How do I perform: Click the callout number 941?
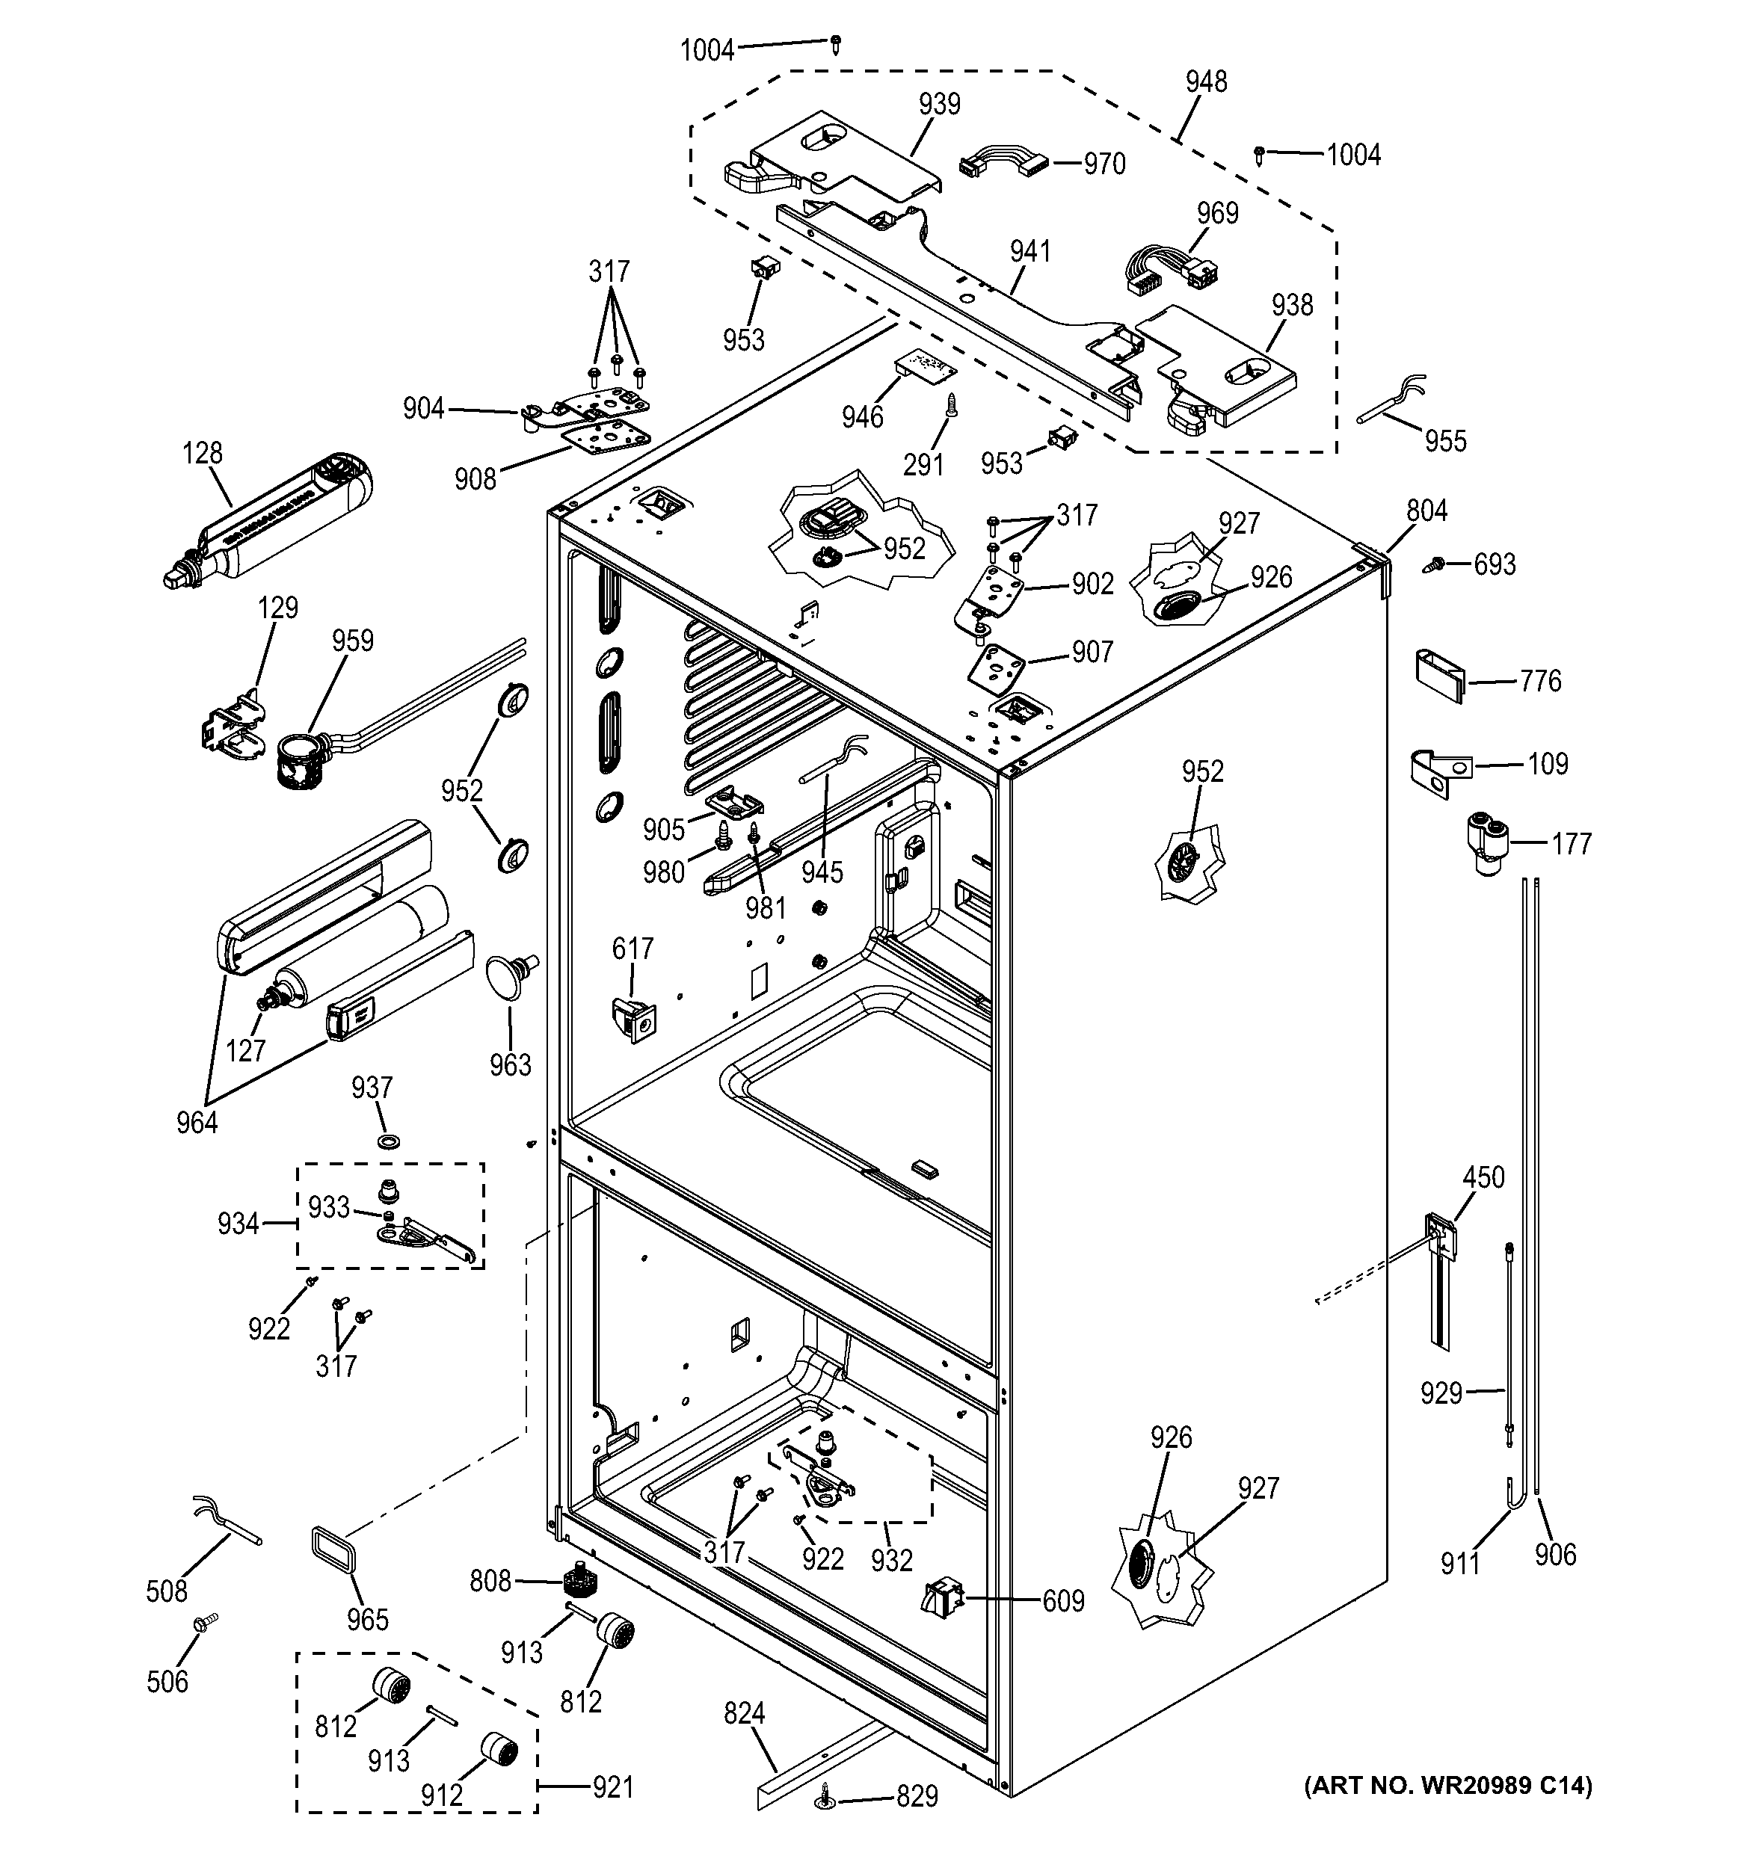click(x=1029, y=251)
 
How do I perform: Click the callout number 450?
click(x=1482, y=1177)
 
